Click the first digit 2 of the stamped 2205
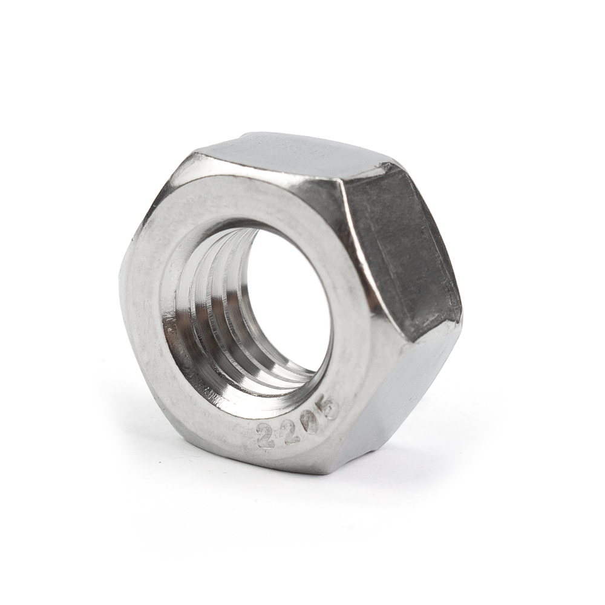[265, 435]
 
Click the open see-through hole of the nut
[287, 302]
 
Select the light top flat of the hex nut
[290, 154]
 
